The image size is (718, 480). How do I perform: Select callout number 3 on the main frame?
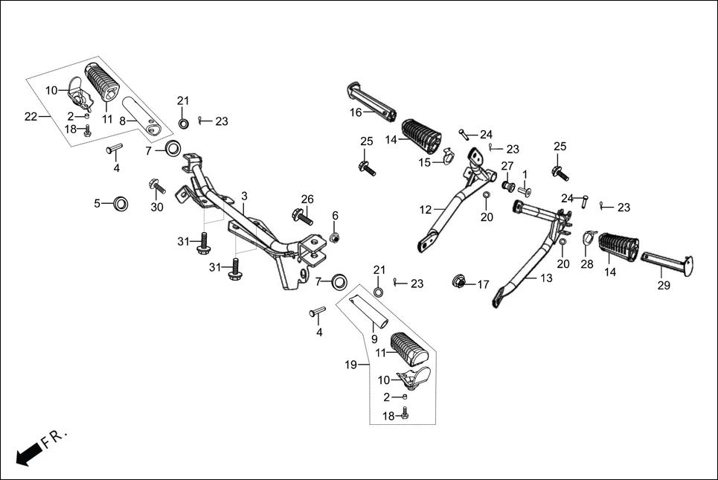[x=244, y=196]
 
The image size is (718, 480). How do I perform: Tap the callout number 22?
[x=31, y=116]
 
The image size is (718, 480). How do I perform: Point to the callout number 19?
[x=352, y=365]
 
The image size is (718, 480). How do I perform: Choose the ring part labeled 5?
[x=119, y=203]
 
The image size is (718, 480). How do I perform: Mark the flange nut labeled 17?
[x=461, y=283]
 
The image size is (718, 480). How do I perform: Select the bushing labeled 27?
[x=508, y=185]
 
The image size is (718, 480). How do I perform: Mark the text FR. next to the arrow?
[x=55, y=438]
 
